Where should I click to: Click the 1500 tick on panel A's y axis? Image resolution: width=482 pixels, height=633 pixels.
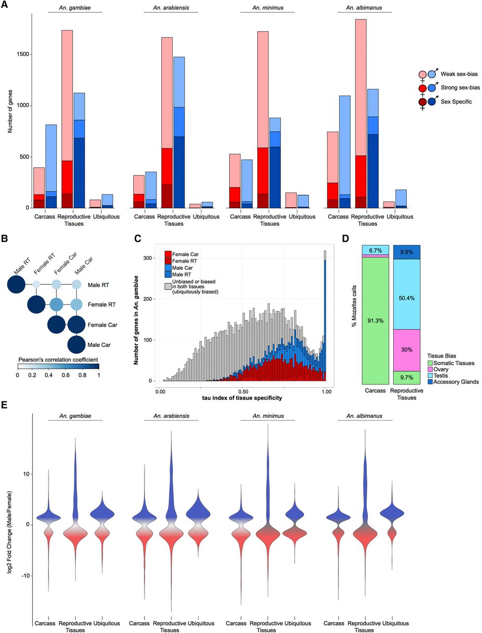(21, 54)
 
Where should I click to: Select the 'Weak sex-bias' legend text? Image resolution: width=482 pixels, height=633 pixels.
(459, 74)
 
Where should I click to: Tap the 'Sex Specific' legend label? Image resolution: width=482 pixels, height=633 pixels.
(456, 102)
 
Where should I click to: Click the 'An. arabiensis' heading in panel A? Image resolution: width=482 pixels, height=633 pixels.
(171, 8)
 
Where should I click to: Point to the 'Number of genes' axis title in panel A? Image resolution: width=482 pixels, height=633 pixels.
(10, 112)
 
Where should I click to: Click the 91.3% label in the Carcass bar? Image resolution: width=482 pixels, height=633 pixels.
(375, 321)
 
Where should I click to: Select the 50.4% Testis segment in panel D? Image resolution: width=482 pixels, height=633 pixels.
(406, 298)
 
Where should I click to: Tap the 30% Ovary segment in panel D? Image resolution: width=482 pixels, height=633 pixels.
(406, 350)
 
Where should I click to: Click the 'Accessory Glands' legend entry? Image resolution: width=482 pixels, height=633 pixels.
(456, 382)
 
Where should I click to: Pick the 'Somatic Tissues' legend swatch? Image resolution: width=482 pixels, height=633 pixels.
(430, 363)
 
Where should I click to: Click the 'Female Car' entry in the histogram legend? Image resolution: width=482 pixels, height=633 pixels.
(185, 255)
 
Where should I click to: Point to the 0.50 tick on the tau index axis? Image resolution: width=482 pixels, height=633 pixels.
(243, 391)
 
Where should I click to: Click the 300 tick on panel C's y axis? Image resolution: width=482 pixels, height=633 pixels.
(148, 258)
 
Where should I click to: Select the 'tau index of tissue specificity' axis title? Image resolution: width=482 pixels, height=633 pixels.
(242, 398)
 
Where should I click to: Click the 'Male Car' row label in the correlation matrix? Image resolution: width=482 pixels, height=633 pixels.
(99, 345)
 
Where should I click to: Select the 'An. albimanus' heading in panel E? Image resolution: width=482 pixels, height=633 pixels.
(364, 416)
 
